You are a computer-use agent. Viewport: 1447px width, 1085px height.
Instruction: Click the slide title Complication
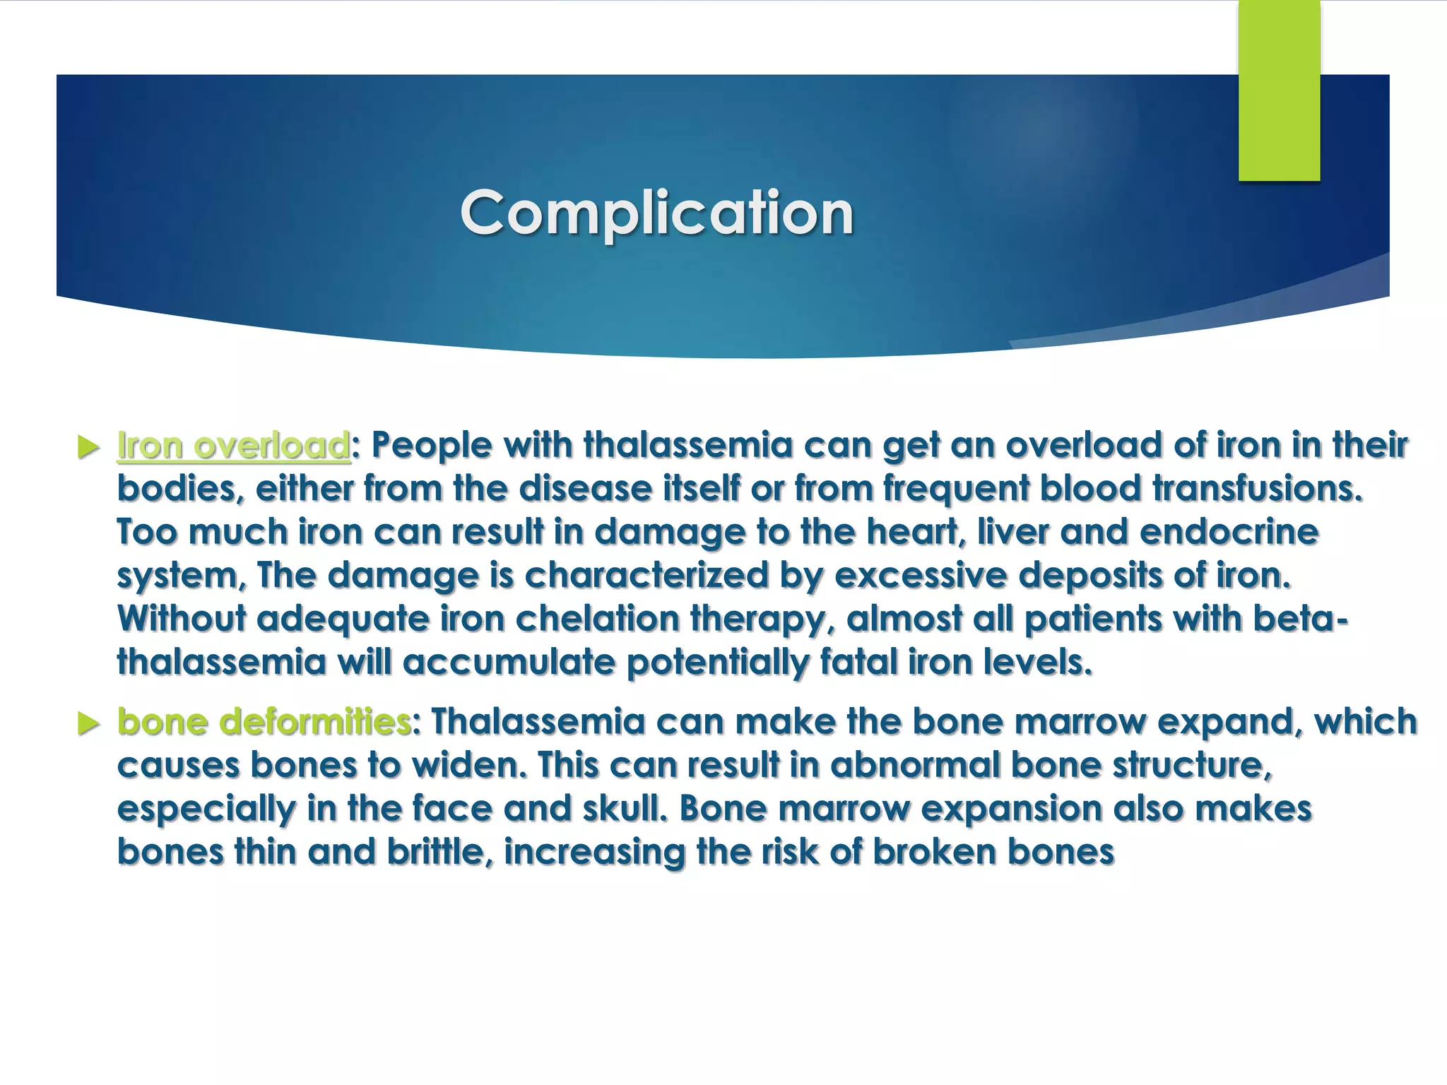click(656, 213)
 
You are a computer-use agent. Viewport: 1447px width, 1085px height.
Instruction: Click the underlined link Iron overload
click(233, 446)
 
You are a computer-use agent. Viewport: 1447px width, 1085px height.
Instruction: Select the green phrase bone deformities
click(264, 722)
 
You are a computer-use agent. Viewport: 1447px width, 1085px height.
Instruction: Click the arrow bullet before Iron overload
click(88, 447)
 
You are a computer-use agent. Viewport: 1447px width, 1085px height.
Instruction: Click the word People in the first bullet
click(431, 446)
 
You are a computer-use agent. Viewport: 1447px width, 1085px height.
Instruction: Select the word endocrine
click(1229, 532)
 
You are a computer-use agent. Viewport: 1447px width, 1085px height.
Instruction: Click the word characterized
click(646, 576)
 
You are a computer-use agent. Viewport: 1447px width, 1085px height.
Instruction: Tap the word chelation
click(597, 619)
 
